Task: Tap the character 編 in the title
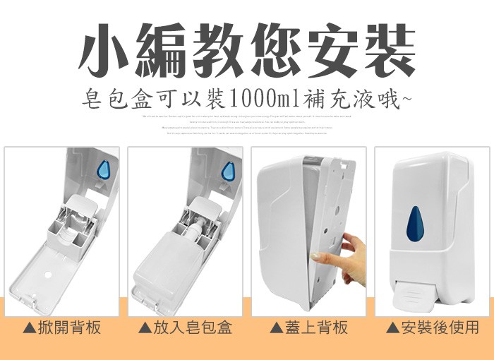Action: pyautogui.click(x=164, y=50)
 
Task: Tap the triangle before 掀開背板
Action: pyautogui.click(x=29, y=328)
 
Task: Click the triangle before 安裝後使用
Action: pyautogui.click(x=392, y=328)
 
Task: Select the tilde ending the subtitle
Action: pyautogui.click(x=406, y=97)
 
